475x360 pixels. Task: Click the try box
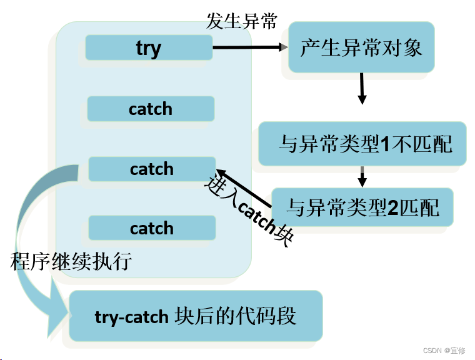149,48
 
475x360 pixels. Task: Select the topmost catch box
151,109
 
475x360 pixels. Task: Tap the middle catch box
152,169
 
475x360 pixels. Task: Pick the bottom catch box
152,228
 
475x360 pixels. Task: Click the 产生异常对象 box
361,47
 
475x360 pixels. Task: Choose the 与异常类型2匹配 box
362,207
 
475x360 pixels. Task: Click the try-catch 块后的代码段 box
196,316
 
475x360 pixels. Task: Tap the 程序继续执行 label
71,261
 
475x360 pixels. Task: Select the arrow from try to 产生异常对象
250,47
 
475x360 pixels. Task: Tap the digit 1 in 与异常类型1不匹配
385,145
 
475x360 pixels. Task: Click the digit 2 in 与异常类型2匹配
393,207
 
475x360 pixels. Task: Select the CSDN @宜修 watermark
444,351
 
